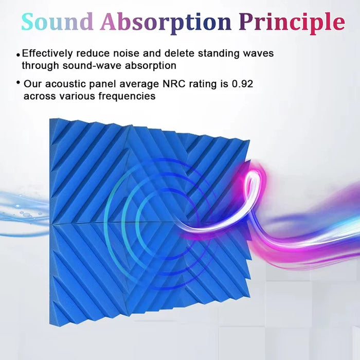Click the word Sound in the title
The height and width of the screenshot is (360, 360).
57,22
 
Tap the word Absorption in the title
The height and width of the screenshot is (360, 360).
166,22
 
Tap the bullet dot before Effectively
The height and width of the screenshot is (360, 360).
19,53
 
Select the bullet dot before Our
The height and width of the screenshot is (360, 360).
19,83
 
